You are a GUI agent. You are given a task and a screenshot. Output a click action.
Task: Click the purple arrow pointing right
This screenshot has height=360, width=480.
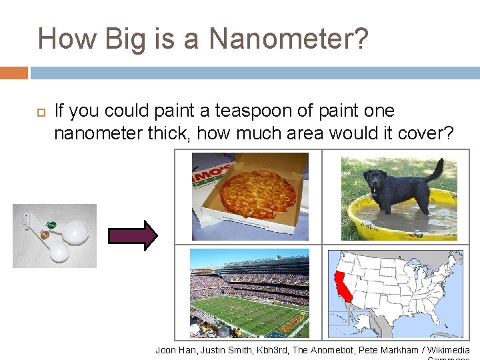pos(133,235)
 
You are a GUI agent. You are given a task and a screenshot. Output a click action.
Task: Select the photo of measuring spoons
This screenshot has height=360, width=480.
pos(55,236)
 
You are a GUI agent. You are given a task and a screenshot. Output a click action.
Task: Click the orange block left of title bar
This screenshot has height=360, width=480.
pos(14,73)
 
